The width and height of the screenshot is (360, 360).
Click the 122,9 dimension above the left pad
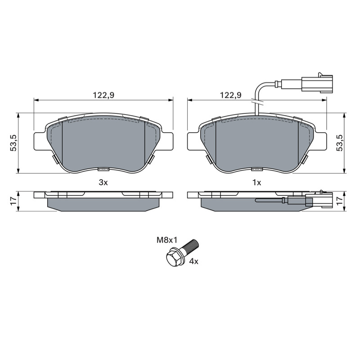(x=103, y=95)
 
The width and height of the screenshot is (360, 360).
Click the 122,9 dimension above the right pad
(x=231, y=95)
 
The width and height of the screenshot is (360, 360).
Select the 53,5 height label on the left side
(x=13, y=143)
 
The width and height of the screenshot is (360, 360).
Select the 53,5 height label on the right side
(x=339, y=143)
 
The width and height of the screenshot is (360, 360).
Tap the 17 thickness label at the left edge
(x=13, y=201)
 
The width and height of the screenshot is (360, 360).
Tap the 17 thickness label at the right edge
(x=339, y=201)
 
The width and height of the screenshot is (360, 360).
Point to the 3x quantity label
(x=103, y=183)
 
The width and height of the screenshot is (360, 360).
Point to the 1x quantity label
(x=256, y=183)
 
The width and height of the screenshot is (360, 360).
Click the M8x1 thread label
(x=167, y=240)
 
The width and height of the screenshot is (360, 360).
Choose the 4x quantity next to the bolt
(x=193, y=261)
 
